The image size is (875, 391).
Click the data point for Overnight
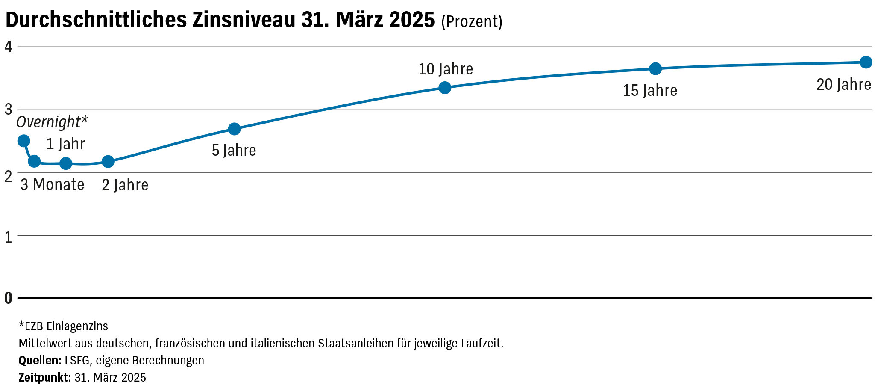pos(24,141)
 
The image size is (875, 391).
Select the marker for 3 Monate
pos(34,161)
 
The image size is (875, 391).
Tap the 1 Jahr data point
pos(66,163)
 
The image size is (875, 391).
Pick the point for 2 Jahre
pos(108,161)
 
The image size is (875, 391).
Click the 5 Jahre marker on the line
pos(234,129)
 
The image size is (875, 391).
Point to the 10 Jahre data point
pos(445,88)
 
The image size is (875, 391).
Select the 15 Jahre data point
pos(655,68)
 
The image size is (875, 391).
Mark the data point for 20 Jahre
pos(866,62)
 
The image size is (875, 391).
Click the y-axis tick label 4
pos(8,47)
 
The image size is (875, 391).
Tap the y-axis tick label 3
pos(8,110)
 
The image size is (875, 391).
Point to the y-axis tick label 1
pos(8,237)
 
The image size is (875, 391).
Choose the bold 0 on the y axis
pos(8,298)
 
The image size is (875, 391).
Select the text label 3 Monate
pos(52,185)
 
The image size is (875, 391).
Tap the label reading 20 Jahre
pos(844,85)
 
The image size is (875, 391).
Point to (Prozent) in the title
pos(472,21)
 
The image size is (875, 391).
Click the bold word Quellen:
pos(40,361)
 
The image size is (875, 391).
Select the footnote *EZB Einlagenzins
pos(63,326)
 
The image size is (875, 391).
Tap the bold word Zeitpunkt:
pos(44,378)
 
